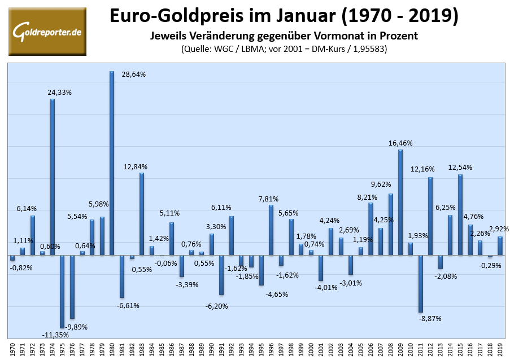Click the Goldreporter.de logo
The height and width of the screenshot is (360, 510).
pyautogui.click(x=47, y=32)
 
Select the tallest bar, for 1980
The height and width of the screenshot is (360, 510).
pyautogui.click(x=112, y=164)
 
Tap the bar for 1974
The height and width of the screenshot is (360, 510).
pyautogui.click(x=52, y=177)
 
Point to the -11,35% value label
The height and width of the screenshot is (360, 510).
pyautogui.click(x=56, y=335)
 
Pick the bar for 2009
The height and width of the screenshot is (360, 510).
pyautogui.click(x=400, y=203)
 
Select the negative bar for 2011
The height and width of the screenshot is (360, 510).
pyautogui.click(x=421, y=284)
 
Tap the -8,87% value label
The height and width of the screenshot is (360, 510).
pyautogui.click(x=430, y=318)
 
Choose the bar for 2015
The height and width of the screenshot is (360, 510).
pyautogui.click(x=460, y=215)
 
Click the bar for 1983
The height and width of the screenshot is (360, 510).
pyautogui.click(x=142, y=214)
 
